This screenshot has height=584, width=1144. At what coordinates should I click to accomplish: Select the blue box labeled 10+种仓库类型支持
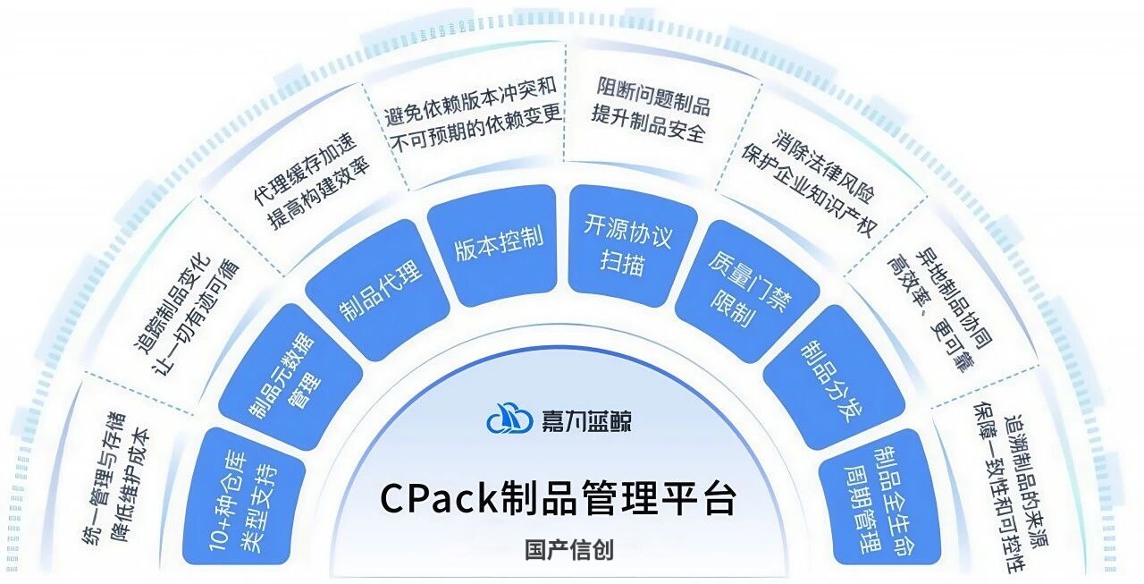pyautogui.click(x=244, y=491)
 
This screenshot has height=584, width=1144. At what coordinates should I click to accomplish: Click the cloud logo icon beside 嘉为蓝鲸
pyautogui.click(x=508, y=418)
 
